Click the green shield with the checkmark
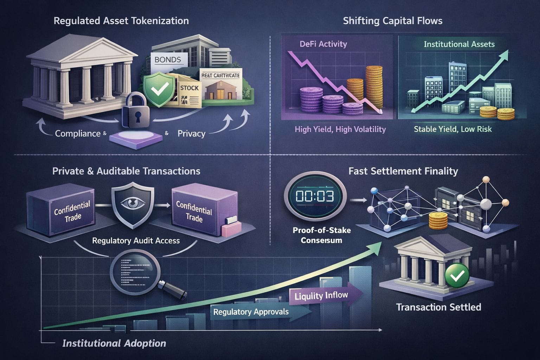coord(157,90)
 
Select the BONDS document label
coord(168,60)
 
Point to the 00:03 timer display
coord(315,196)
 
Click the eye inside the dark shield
coord(133,202)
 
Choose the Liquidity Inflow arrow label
coord(321,296)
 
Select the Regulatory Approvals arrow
coord(251,312)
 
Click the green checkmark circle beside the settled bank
coord(457,276)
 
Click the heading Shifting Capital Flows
coord(392,21)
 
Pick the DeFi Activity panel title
coord(323,44)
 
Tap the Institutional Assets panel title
coord(459,44)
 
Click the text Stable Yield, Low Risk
coord(452,129)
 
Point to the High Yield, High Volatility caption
coord(340,129)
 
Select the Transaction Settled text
coord(438,307)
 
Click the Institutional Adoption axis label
coord(114,343)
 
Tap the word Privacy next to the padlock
coord(191,134)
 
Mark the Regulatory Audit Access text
coord(136,241)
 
